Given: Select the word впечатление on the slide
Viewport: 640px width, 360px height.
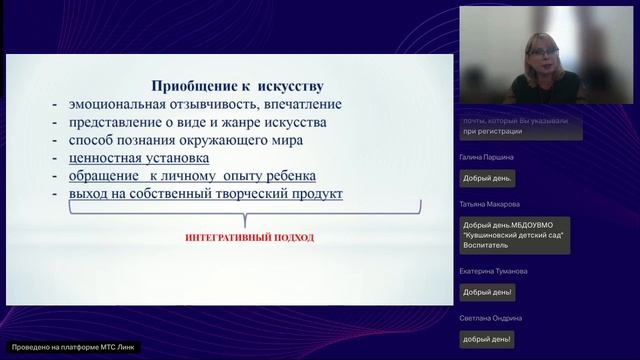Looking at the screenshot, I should pos(300,104).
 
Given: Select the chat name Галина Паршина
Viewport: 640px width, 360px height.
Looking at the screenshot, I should pos(488,157).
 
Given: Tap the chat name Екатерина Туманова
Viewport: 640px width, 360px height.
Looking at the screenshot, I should pos(494,271).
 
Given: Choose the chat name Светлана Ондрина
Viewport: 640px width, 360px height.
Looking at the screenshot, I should pos(491,317).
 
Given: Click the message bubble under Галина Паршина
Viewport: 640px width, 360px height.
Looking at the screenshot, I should pos(487,179).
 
